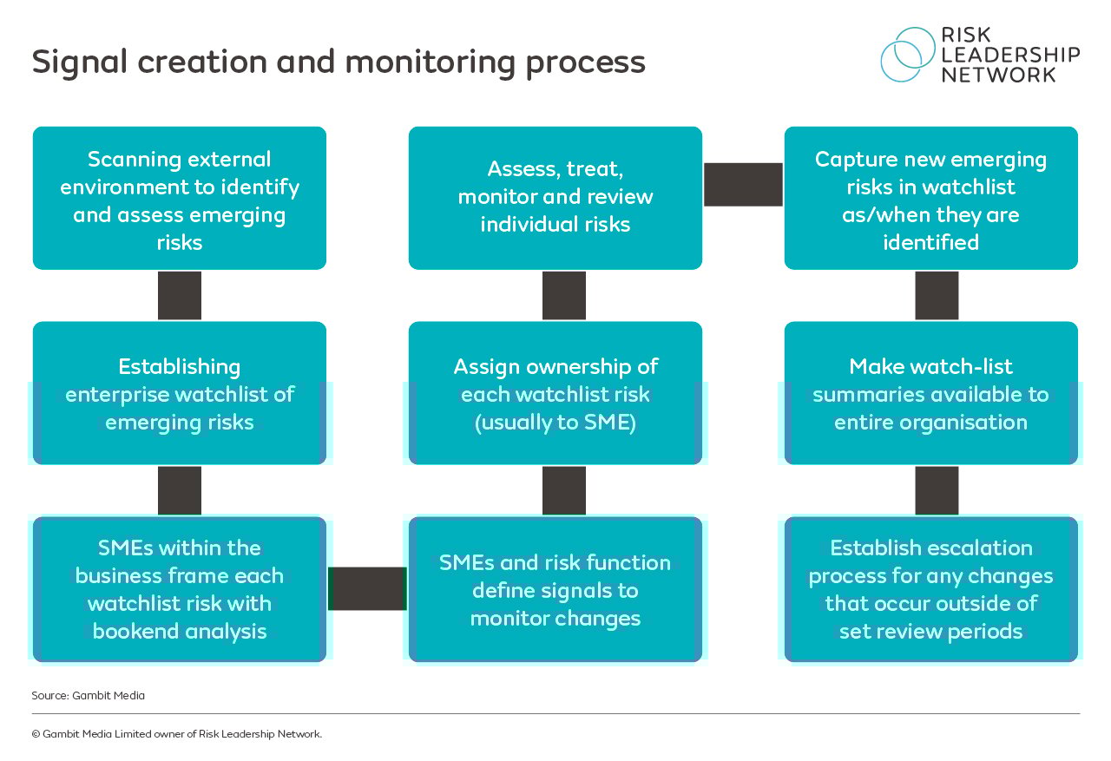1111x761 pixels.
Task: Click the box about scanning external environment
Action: pos(180,199)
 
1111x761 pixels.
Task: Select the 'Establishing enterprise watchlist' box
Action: pos(180,393)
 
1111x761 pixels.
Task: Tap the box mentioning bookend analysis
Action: pos(180,589)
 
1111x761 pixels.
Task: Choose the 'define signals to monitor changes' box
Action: pos(555,589)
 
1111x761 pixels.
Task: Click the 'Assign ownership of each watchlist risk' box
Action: pos(555,393)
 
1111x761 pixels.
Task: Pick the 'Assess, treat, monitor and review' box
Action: pos(555,199)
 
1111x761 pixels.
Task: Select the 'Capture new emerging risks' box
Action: pos(931,199)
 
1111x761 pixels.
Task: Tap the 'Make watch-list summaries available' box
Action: pos(931,393)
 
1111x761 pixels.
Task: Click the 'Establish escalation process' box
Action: pos(931,589)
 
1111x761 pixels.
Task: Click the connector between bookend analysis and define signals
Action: pos(367,588)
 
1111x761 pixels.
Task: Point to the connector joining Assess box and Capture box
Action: pos(743,185)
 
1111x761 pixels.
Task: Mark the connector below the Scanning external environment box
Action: pos(180,295)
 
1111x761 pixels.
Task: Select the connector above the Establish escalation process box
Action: pos(937,490)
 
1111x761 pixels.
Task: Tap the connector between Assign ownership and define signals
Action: pos(564,490)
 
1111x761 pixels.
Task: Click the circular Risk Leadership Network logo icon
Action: pos(906,54)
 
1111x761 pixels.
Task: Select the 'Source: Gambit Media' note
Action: pos(88,695)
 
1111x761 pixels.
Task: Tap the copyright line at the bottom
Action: pos(176,734)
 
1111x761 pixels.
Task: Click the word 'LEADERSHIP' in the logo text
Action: pos(1010,55)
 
